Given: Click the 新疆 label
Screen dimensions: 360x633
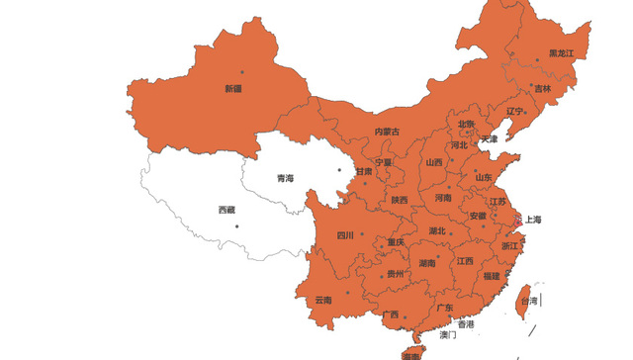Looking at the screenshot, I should tap(233, 89).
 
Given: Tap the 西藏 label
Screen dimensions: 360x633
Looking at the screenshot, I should tap(226, 210).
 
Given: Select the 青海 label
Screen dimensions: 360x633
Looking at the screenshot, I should tap(285, 179).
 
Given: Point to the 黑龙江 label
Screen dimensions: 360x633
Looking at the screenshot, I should tap(562, 54).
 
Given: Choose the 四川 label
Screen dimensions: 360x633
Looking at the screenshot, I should tap(345, 235).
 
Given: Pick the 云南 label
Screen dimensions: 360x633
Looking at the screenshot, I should tap(323, 300).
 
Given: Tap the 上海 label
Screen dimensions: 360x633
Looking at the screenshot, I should tap(532, 220).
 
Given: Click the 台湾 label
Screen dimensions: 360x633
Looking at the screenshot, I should tap(530, 301).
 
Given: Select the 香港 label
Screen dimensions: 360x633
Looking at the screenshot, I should tap(465, 324).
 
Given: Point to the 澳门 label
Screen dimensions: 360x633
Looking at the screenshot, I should tap(448, 336).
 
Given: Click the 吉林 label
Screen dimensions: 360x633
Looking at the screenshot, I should tap(543, 89).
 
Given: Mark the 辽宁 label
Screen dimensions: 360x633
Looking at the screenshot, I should tap(515, 112).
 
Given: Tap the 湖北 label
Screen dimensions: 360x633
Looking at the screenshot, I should tap(436, 231).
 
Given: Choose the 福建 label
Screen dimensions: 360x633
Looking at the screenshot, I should tap(492, 276).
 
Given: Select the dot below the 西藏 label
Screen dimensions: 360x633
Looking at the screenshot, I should tap(236, 226).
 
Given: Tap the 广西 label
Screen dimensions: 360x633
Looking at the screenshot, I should tap(390, 315).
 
